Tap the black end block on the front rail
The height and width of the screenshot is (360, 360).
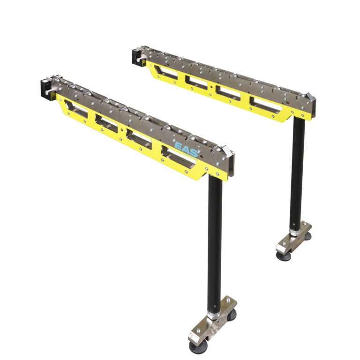click(46, 90)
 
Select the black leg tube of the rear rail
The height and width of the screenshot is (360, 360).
click(297, 174)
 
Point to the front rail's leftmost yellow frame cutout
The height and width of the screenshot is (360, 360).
click(76, 109)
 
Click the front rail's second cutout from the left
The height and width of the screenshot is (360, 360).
click(106, 123)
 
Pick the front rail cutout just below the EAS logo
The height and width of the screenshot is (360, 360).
click(178, 157)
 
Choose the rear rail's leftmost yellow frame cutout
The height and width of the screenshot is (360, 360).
click(166, 72)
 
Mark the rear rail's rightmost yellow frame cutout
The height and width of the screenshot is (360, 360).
click(266, 105)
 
